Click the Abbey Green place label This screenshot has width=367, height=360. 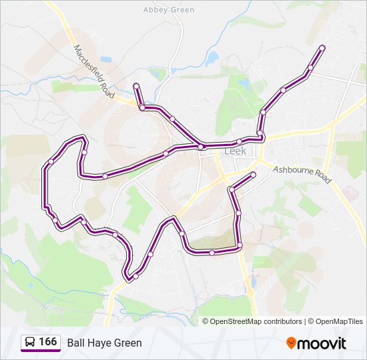coord(169,10)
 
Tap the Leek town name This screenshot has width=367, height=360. coord(235,151)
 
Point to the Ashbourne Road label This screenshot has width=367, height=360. coord(302,175)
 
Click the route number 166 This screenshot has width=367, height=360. coord(47,342)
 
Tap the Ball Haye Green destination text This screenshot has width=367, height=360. coord(104,343)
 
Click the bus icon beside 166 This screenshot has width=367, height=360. coord(30,343)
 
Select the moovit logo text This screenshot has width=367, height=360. coord(322,343)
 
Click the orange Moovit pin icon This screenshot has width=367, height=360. coord(291,343)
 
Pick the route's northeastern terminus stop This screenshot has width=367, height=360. coord(322,47)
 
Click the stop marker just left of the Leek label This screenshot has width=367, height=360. coord(200,147)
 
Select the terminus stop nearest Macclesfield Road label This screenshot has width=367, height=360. coord(136,85)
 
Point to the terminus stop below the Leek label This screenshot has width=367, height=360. coord(254,175)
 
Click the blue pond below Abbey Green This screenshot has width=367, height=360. coord(212,59)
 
